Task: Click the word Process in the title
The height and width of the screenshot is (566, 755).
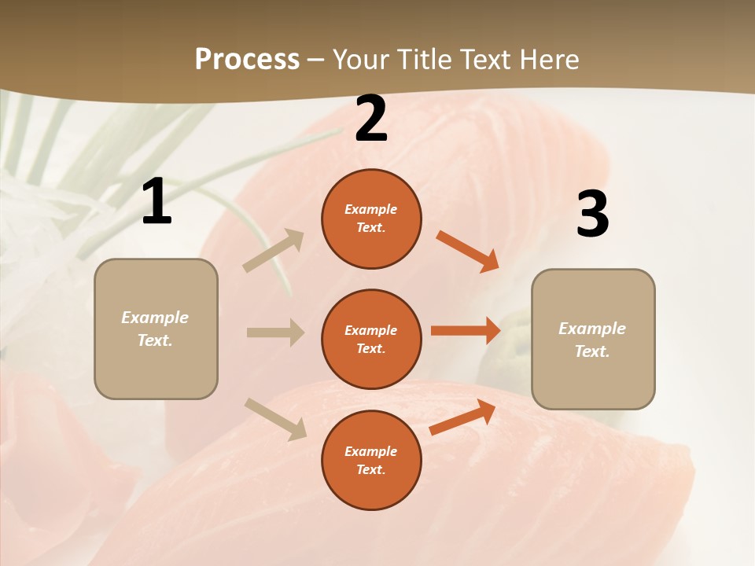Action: [247, 60]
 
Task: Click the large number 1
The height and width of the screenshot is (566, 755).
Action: [157, 202]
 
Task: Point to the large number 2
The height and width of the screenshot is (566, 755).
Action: [371, 119]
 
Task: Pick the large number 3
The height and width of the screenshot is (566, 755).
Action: [592, 215]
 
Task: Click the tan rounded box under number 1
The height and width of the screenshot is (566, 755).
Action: [156, 329]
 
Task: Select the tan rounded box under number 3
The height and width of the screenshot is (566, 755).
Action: [593, 340]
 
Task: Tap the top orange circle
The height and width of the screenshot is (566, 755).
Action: [371, 219]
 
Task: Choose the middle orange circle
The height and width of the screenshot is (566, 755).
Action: [371, 340]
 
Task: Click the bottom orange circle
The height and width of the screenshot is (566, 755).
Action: [371, 461]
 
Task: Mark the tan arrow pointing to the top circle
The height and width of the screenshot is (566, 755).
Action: [274, 251]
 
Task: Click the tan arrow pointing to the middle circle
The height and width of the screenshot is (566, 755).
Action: [275, 333]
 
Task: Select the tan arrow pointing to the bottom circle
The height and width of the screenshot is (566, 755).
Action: [275, 419]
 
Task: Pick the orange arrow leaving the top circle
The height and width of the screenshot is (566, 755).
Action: [468, 252]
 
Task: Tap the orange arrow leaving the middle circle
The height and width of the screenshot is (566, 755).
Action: [466, 330]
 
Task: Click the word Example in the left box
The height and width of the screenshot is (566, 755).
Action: [155, 318]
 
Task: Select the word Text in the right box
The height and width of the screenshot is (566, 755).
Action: [591, 351]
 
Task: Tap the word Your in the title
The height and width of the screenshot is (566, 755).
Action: [361, 60]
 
